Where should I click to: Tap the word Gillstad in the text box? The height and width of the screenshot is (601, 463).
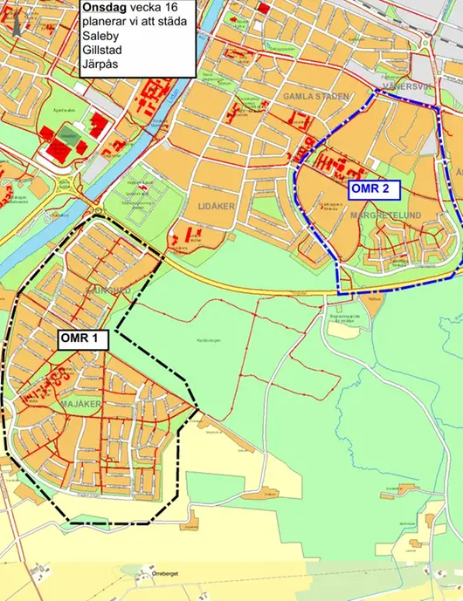pos(102,51)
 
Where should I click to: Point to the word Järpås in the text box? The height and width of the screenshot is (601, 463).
pos(100,66)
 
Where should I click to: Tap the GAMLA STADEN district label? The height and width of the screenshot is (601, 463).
pos(315,96)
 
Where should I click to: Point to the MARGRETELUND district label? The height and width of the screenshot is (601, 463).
pos(385,215)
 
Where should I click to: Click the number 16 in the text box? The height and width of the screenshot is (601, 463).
pos(170,7)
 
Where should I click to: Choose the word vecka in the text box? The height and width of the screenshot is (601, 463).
pos(146,7)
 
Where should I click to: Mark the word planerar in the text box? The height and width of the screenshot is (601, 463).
pos(107,22)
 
